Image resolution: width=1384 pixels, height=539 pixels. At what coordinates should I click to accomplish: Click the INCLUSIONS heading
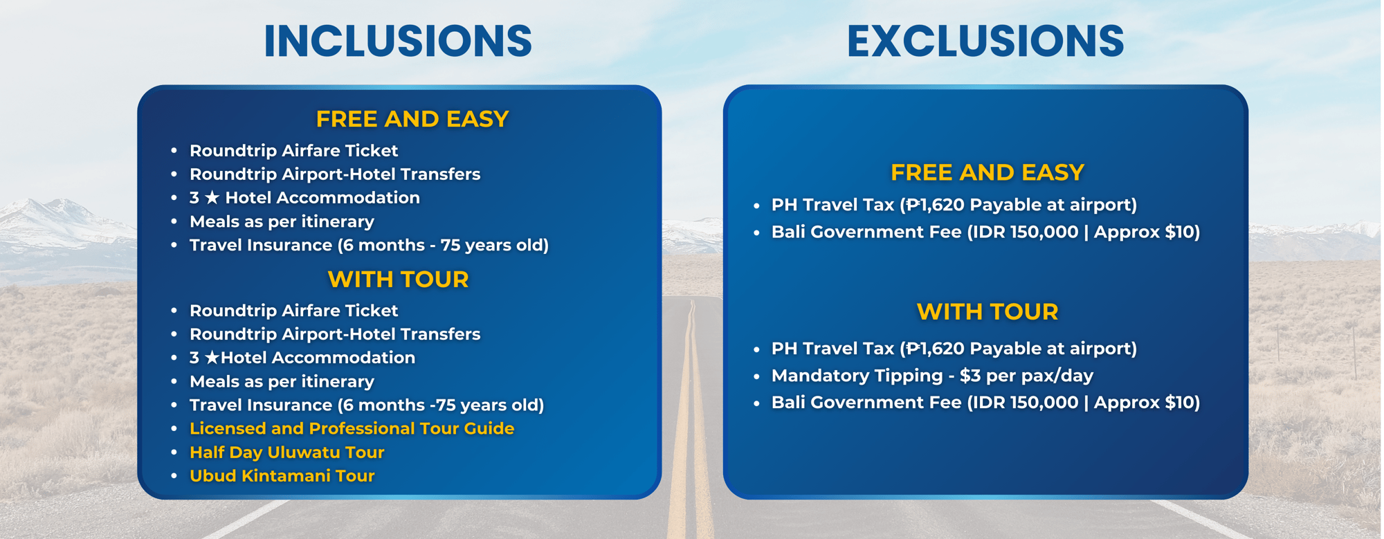[398, 41]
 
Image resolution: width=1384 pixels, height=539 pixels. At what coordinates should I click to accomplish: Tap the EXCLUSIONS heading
[985, 41]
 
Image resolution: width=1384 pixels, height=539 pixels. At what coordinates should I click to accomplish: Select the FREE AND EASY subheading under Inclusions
[412, 119]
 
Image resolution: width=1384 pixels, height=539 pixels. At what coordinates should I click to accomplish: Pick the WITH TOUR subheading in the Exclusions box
[987, 311]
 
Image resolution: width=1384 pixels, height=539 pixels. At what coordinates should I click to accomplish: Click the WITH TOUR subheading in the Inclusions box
[398, 279]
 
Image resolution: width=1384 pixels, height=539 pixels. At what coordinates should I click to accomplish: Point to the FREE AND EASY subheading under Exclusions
[987, 172]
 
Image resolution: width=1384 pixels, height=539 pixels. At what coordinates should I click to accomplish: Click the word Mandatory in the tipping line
[823, 376]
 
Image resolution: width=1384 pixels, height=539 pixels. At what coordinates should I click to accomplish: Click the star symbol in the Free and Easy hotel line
[212, 198]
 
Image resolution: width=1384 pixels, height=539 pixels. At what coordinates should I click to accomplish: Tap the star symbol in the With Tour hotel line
[212, 358]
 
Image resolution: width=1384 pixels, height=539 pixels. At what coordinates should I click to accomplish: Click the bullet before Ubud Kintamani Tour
[174, 476]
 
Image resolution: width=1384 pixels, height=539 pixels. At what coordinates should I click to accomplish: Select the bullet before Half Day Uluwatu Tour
[174, 453]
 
